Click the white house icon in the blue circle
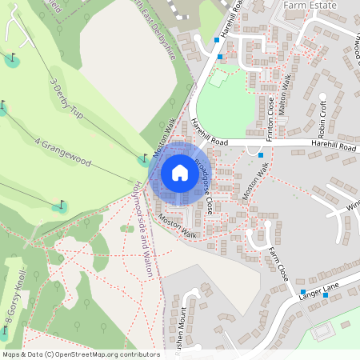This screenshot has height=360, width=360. pyautogui.click(x=180, y=173)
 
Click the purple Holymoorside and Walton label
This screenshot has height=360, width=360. pyautogui.click(x=140, y=238)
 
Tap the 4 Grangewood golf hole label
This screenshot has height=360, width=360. pyautogui.click(x=63, y=152)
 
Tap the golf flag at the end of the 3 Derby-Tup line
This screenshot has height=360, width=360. pyautogui.click(x=145, y=158)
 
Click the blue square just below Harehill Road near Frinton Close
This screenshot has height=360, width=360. pyautogui.click(x=261, y=154)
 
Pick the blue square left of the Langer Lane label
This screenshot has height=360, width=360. pyautogui.click(x=302, y=291)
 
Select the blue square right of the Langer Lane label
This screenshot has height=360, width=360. pyautogui.click(x=325, y=295)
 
